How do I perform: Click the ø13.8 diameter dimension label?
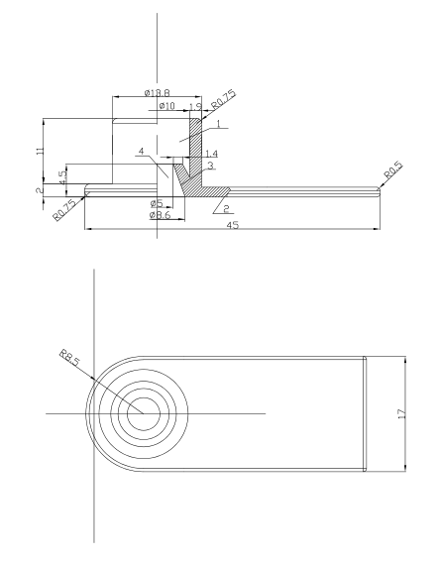pyautogui.click(x=158, y=93)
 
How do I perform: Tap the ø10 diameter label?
pyautogui.click(x=166, y=105)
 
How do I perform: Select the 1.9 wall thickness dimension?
pyautogui.click(x=195, y=106)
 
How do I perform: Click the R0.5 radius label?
pyautogui.click(x=393, y=170)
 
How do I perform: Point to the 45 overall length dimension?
pyautogui.click(x=233, y=225)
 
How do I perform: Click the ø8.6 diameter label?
pyautogui.click(x=161, y=215)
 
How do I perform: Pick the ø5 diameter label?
pyautogui.click(x=157, y=203)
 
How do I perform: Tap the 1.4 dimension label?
pyautogui.click(x=211, y=154)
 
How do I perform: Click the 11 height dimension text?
pyautogui.click(x=40, y=150)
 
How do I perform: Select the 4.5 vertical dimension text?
pyautogui.click(x=62, y=177)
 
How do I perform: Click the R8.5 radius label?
pyautogui.click(x=69, y=358)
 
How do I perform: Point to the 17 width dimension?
pyautogui.click(x=401, y=413)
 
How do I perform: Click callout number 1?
pyautogui.click(x=218, y=124)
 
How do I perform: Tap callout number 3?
pyautogui.click(x=211, y=166)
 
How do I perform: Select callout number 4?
pyautogui.click(x=142, y=152)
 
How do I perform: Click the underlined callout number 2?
pyautogui.click(x=226, y=209)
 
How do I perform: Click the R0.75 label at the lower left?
pyautogui.click(x=64, y=210)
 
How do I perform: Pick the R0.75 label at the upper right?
pyautogui.click(x=224, y=99)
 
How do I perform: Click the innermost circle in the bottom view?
pyautogui.click(x=144, y=413)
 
